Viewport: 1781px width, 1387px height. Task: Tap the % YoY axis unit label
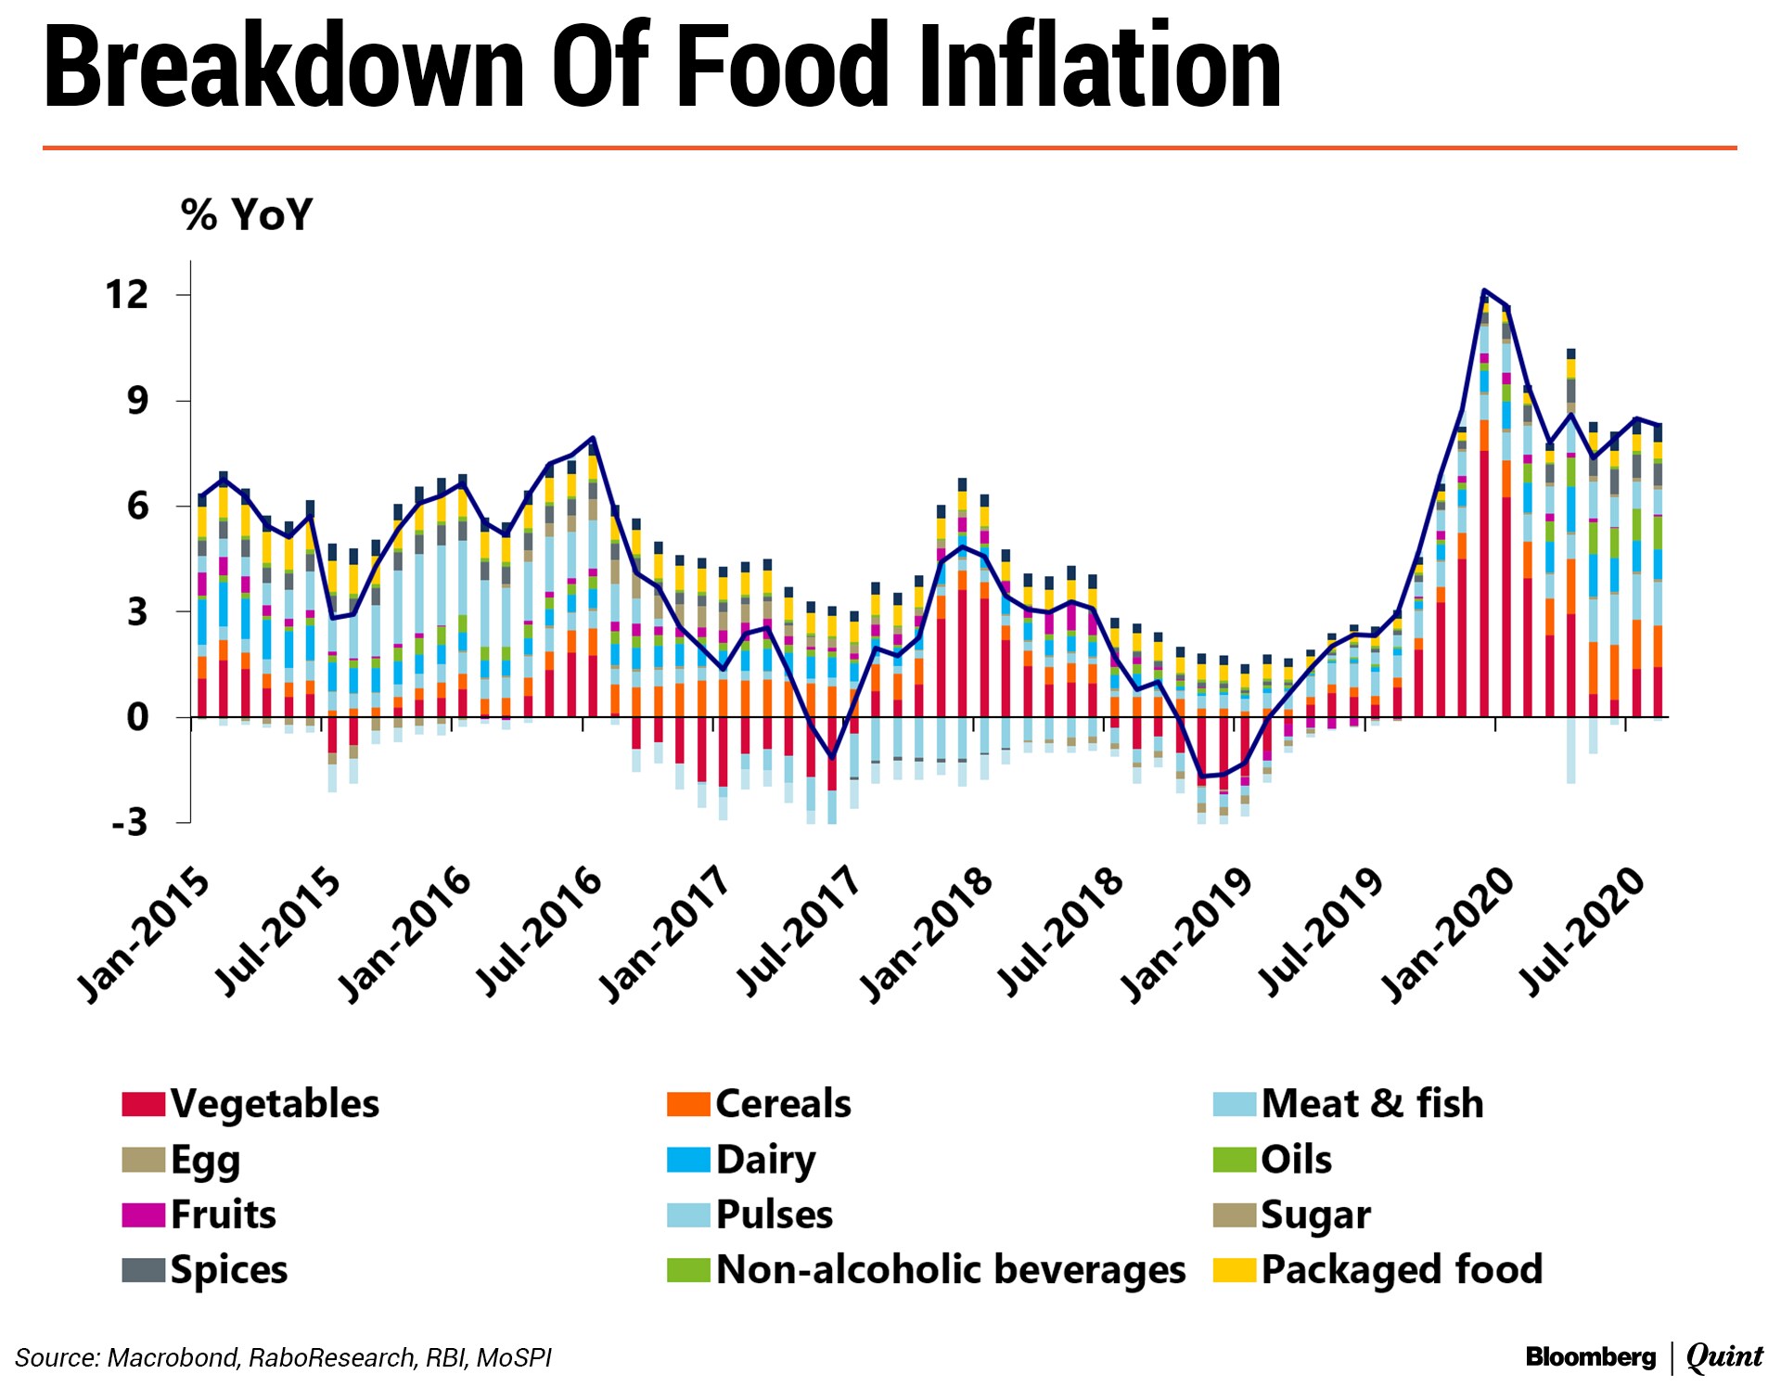pos(247,214)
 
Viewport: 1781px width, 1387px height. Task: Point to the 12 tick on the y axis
pos(127,295)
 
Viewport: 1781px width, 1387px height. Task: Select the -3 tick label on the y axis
pos(130,822)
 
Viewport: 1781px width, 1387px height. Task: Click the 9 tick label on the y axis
pos(137,401)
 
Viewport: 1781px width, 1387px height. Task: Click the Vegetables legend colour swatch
pos(143,1104)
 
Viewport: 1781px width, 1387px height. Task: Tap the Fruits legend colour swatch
pos(143,1214)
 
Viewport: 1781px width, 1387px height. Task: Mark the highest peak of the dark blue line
pos(1484,290)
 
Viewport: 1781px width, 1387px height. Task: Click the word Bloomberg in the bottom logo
pos(1590,1357)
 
